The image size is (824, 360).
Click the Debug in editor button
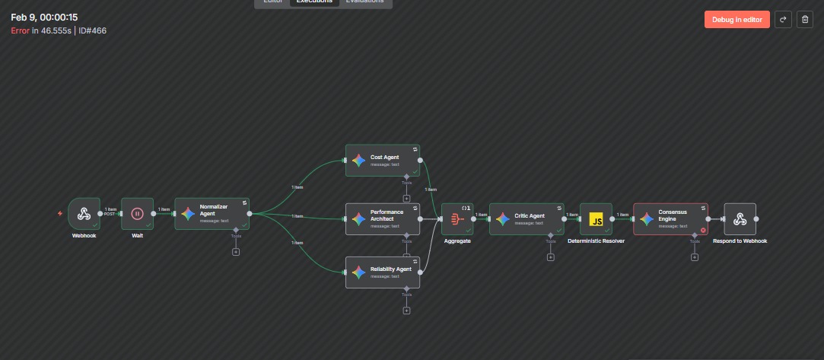tap(737, 20)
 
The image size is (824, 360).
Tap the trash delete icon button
tap(805, 20)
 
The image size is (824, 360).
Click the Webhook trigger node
tap(84, 214)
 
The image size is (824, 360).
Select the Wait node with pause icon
tap(138, 214)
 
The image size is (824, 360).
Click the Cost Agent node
tap(383, 160)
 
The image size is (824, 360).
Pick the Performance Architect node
tap(383, 218)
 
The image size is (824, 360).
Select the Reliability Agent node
tap(383, 272)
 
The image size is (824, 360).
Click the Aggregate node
tap(457, 219)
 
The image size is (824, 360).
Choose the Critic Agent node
tap(527, 218)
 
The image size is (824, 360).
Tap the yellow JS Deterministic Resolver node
tap(596, 219)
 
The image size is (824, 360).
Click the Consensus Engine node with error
tap(670, 218)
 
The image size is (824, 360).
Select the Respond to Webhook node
tap(740, 219)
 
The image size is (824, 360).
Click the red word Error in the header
tap(20, 30)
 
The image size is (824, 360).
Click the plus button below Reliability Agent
tap(406, 311)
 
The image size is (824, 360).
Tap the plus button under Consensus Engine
tap(694, 257)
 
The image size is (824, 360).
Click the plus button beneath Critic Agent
tap(550, 257)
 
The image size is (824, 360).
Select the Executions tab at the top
tap(314, 2)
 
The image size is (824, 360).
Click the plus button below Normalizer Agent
tap(236, 252)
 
